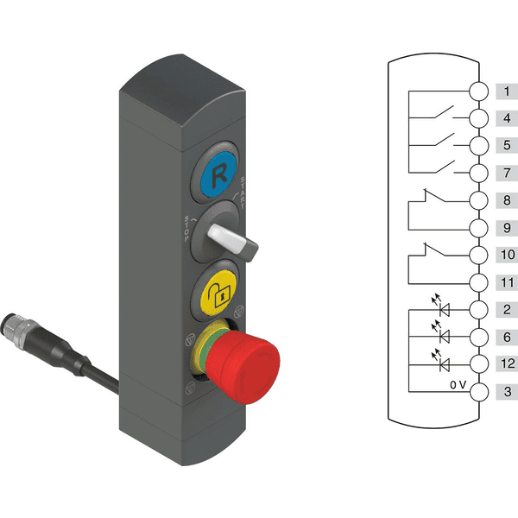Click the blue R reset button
pos(218,174)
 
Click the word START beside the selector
pos(243,193)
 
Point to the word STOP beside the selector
pos(187,229)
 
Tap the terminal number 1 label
pos(507,92)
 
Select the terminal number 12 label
pos(508,363)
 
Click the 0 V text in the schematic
pos(458,384)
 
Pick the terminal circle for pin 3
pos(478,392)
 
